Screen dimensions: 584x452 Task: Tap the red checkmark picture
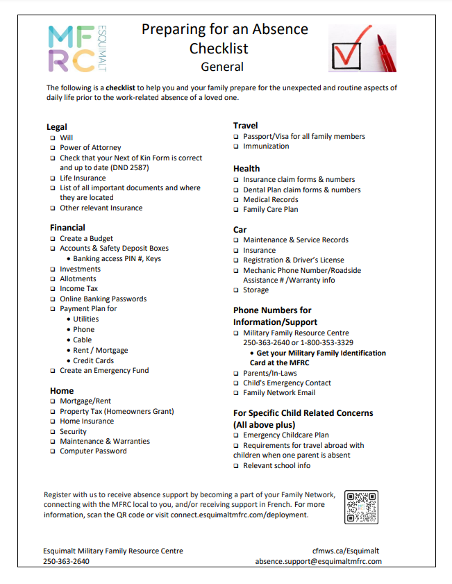[362, 48]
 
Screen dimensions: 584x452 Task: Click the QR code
[361, 508]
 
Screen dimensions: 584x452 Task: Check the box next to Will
[52, 137]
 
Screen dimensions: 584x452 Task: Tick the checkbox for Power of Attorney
[52, 148]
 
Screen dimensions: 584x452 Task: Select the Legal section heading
[57, 126]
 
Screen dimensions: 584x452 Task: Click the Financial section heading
[67, 227]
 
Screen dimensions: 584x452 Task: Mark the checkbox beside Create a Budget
[52, 239]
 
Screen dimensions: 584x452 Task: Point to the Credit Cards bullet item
[93, 360]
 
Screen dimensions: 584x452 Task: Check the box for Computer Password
[52, 451]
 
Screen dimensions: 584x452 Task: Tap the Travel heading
[245, 125]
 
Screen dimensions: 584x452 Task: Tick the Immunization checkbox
[236, 147]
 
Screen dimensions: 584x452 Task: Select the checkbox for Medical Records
[236, 200]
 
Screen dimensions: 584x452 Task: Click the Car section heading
[240, 229]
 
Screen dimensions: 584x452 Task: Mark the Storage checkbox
[236, 290]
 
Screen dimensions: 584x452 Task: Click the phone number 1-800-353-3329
[324, 342]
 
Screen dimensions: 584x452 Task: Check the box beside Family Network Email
[236, 393]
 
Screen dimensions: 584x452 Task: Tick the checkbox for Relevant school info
[236, 466]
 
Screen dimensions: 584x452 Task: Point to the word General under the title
[222, 67]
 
